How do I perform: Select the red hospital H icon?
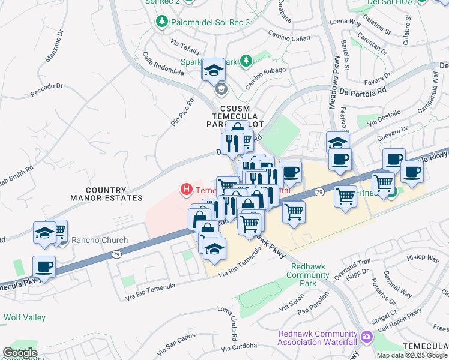(x=187, y=190)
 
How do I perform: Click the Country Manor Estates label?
(x=106, y=193)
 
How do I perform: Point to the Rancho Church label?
(x=100, y=241)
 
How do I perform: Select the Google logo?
(x=20, y=353)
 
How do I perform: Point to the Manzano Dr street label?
(x=55, y=49)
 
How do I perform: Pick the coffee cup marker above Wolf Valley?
(x=44, y=266)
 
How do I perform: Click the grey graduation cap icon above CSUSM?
(x=221, y=90)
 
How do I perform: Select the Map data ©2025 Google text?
(x=412, y=355)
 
